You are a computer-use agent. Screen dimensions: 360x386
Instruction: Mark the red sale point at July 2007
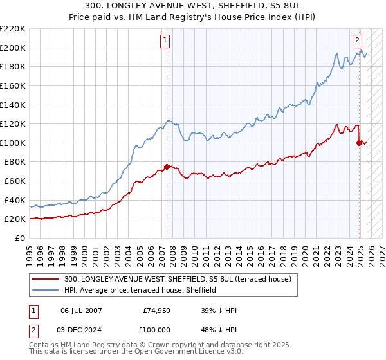click(167, 166)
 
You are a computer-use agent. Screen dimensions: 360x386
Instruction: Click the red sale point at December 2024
click(359, 143)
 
